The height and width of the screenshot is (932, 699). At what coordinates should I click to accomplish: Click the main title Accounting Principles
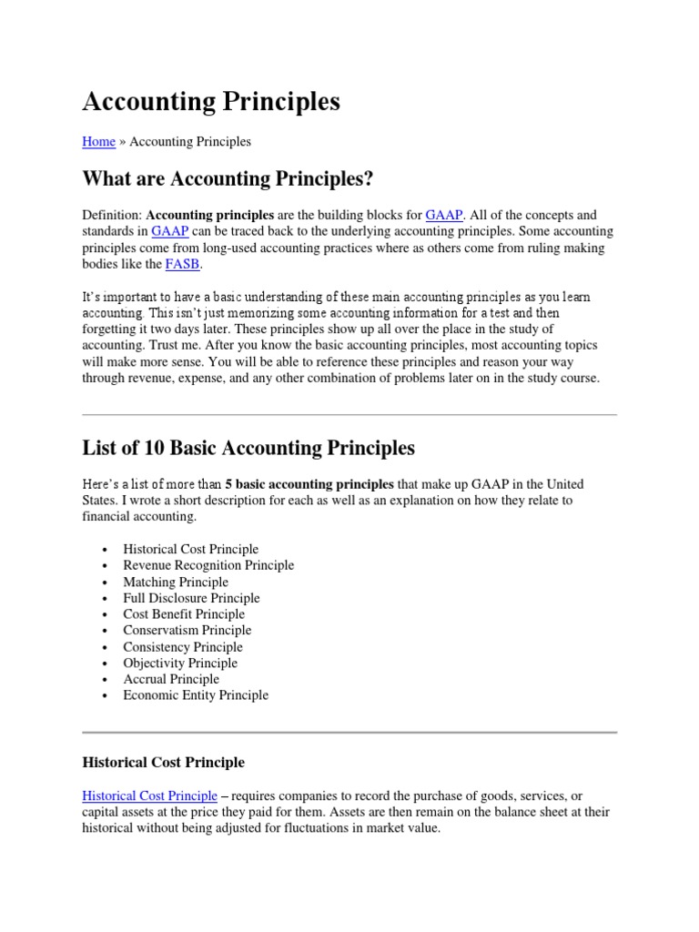click(x=211, y=102)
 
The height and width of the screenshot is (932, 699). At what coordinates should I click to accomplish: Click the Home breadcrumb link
click(x=98, y=142)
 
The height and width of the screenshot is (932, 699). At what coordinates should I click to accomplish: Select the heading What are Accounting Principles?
click(x=228, y=179)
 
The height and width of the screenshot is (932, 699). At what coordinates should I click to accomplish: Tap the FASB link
click(x=180, y=265)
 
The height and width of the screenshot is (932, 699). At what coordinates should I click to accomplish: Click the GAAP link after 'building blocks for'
click(x=444, y=216)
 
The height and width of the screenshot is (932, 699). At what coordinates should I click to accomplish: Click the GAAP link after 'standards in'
click(x=168, y=232)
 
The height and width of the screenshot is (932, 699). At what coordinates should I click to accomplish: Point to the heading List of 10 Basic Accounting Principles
click(x=248, y=448)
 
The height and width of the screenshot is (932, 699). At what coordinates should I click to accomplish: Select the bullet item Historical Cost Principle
click(x=191, y=549)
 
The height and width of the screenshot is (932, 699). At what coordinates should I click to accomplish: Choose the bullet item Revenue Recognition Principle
click(x=208, y=565)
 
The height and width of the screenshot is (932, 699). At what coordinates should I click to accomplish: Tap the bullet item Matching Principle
click(x=176, y=582)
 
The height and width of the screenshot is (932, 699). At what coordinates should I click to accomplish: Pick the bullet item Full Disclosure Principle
click(x=191, y=598)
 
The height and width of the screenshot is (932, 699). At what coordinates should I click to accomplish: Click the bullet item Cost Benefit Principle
click(x=184, y=614)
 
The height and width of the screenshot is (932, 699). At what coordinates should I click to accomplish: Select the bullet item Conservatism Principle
click(x=187, y=630)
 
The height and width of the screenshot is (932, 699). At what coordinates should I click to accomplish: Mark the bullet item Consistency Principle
click(x=183, y=647)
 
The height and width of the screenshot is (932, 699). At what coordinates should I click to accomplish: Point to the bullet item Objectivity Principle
click(x=180, y=663)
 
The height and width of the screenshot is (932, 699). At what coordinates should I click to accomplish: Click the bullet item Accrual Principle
click(x=171, y=679)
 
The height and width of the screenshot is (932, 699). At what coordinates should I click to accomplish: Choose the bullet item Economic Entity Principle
click(x=196, y=695)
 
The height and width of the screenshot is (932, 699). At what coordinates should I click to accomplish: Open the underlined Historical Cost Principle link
click(x=149, y=795)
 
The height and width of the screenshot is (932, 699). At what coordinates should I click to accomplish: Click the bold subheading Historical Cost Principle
click(x=163, y=762)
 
